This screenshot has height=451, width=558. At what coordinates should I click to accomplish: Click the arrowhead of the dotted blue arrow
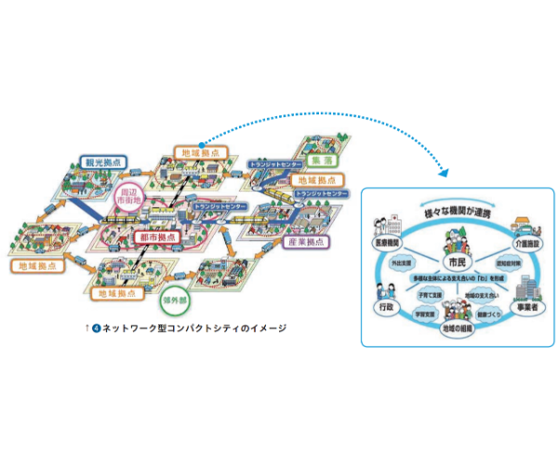[443, 174]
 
